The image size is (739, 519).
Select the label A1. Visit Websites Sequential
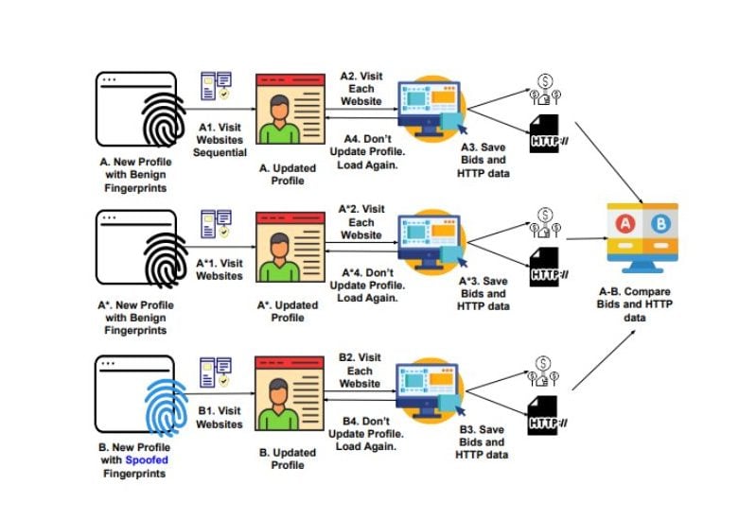pos(222,139)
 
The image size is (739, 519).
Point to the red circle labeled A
pos(625,223)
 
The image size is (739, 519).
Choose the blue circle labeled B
pos(661,223)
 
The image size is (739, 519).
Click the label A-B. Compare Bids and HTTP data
pos(643,303)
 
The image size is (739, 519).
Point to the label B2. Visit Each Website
pos(360,371)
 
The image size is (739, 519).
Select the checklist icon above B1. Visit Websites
pos(216,372)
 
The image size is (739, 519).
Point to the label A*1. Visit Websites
pos(220,269)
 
